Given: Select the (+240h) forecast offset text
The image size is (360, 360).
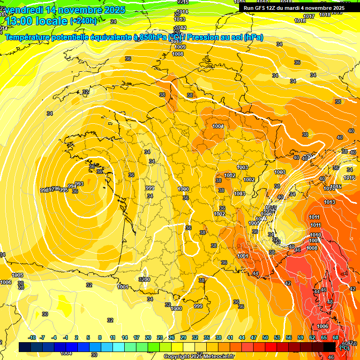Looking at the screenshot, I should [83, 21].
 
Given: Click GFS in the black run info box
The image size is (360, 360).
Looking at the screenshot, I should [264, 7].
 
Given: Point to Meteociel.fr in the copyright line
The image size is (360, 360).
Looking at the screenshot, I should [217, 357].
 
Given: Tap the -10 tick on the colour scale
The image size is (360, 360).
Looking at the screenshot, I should [32, 337].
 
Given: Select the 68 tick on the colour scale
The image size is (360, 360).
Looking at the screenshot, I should [336, 337].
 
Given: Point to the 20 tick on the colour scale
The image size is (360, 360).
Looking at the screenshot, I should [148, 337].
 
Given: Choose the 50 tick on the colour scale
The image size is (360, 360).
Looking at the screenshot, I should [265, 337].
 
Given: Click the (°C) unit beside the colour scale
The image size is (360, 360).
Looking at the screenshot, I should [344, 348].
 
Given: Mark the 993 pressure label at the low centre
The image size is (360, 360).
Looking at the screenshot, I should [79, 184].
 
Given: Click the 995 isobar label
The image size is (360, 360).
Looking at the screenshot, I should [64, 190].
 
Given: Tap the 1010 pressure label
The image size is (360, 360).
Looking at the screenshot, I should [315, 235].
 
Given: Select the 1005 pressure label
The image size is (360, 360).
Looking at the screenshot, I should [17, 275].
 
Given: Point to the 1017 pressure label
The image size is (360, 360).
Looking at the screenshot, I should [309, 16].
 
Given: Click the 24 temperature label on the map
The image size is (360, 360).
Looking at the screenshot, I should [113, 22].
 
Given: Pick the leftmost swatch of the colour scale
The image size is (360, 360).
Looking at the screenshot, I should [25, 347].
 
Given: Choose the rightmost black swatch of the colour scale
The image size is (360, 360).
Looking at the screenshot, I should [330, 347].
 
